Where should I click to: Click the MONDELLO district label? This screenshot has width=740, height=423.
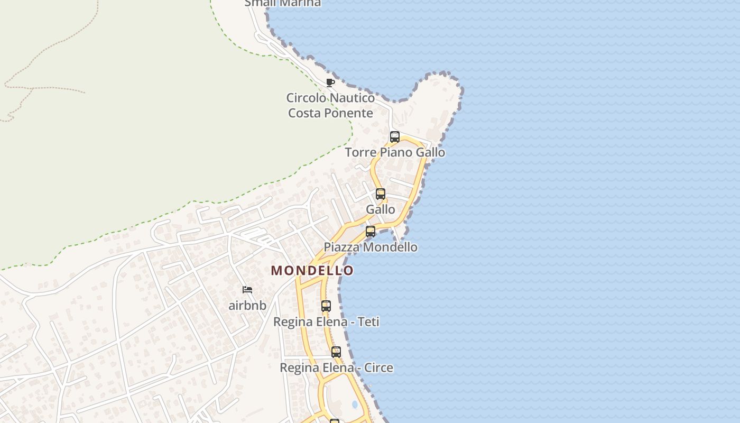pos(312,270)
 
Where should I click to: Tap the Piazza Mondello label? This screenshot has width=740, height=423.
pos(370,247)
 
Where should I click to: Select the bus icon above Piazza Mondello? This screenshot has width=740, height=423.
pos(371,232)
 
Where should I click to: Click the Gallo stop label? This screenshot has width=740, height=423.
pos(380,209)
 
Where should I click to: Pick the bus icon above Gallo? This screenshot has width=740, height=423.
pos(381,194)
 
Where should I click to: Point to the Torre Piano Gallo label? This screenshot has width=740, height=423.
pos(395,153)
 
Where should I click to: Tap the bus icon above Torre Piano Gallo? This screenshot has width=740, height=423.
pos(394,137)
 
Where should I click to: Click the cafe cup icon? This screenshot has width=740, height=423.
pos(330,82)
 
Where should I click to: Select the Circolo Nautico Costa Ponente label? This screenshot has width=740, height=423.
pos(330,105)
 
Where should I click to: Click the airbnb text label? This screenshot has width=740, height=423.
pos(247,306)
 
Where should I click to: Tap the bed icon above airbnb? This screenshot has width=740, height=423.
pos(247,290)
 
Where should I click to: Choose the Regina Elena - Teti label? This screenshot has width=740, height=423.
pos(326,322)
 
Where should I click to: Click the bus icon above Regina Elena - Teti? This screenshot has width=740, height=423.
pos(326,306)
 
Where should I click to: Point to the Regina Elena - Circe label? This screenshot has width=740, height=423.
pos(336,368)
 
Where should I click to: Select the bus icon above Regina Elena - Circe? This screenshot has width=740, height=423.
pos(336,352)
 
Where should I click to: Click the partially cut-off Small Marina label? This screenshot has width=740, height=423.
pos(282,3)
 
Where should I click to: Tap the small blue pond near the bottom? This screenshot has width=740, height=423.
pos(355,404)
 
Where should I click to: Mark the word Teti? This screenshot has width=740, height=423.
pos(368,322)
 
